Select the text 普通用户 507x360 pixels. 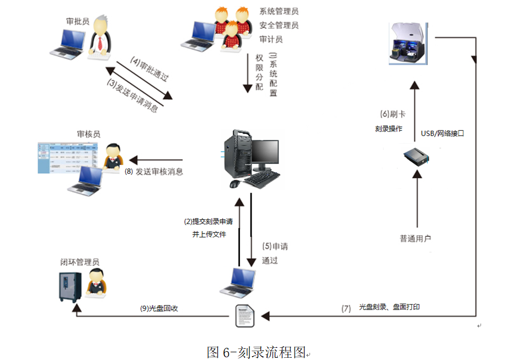(415, 239)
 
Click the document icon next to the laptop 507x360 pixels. (244, 315)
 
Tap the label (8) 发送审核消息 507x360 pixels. (154, 172)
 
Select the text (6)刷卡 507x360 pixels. (393, 114)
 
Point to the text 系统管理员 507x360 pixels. (279, 11)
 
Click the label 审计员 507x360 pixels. (271, 39)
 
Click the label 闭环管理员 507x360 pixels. (80, 262)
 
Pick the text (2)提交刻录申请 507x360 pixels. (208, 221)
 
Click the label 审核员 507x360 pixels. (89, 134)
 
